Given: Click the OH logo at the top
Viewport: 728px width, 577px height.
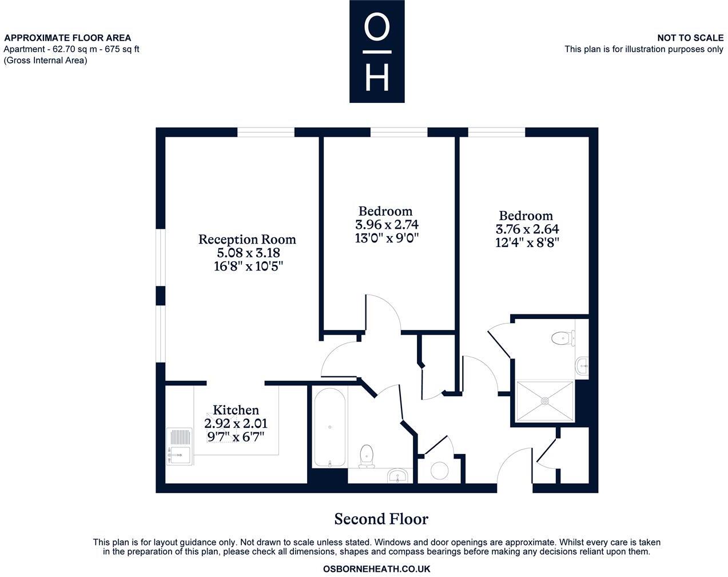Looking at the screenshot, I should click(377, 51).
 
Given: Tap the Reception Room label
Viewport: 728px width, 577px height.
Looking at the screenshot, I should click(247, 239).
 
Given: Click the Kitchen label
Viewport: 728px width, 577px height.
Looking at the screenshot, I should click(236, 410).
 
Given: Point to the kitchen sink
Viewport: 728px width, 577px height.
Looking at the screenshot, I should click(179, 447).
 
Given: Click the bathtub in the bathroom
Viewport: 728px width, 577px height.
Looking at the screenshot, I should click(329, 427).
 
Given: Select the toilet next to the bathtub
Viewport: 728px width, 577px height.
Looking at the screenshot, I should click(366, 456).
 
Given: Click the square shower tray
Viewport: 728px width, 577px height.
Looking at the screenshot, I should click(544, 401).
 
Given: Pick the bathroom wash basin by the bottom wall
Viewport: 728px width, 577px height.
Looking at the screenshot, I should click(398, 475).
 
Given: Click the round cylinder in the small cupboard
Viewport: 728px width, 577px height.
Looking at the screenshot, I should click(440, 471).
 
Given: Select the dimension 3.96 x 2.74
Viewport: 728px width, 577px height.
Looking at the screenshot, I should click(383, 225).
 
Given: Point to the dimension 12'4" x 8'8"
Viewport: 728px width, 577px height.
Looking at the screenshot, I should click(527, 242).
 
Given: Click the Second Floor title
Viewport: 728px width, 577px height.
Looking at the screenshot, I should click(381, 519).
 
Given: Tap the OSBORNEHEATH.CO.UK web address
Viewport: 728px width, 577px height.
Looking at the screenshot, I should click(376, 569).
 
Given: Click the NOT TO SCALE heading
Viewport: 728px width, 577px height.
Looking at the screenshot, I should click(690, 38).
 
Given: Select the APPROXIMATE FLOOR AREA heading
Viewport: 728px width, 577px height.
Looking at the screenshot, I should click(67, 38).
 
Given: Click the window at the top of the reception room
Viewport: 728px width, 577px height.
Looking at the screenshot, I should click(266, 132).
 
